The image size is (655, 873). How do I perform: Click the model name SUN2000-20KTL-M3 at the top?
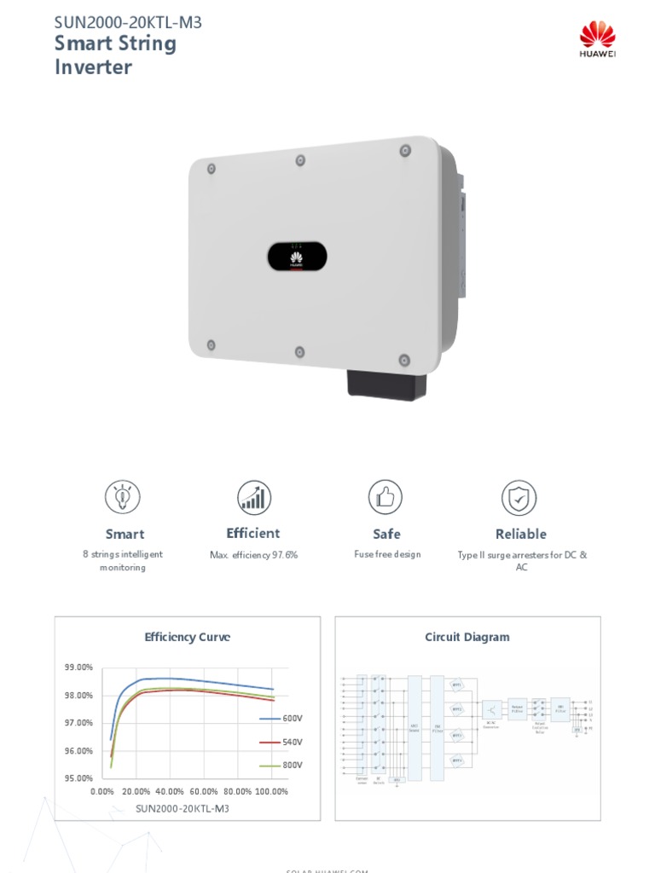pos(128,22)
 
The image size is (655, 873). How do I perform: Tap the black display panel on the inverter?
pos(298,256)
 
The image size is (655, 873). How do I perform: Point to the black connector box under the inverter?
pos(387,384)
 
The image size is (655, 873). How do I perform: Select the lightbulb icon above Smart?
pos(123,497)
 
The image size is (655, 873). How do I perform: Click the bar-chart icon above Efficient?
pos(253,497)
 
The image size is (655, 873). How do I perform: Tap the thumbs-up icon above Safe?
pos(385,497)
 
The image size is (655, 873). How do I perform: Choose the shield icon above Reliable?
pos(519,497)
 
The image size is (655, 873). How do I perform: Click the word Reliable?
pos(520,535)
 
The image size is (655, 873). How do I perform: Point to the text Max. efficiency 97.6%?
pos(253,555)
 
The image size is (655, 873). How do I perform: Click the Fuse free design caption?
pos(387,554)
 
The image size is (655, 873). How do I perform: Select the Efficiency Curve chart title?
pos(188,637)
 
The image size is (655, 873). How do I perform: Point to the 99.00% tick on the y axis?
pos(78,668)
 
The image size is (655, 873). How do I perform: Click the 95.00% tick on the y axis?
pos(78,778)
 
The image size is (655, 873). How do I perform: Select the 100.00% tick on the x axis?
pos(272,792)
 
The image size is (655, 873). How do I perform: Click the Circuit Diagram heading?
pos(467,637)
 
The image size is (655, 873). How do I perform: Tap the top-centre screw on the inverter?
pos(300,160)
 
